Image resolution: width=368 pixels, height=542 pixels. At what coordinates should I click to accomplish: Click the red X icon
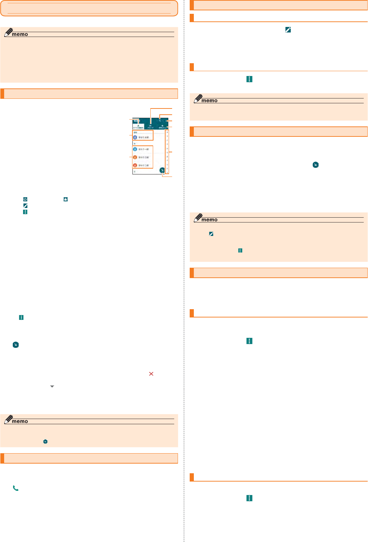(151, 374)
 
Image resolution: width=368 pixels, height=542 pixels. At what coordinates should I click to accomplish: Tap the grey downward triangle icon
(52, 386)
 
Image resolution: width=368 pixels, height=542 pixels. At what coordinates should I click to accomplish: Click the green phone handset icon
(16, 488)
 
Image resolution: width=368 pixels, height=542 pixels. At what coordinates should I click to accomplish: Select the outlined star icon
(25, 199)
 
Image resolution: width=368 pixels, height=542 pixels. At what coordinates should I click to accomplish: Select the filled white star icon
(66, 199)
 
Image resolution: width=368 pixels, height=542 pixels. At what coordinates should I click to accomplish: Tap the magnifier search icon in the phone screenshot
(160, 121)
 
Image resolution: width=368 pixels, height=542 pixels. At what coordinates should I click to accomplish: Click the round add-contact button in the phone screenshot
(162, 170)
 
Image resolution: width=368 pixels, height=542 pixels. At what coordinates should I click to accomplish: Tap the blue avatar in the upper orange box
(135, 137)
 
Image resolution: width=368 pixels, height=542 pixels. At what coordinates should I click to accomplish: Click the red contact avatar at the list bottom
(135, 165)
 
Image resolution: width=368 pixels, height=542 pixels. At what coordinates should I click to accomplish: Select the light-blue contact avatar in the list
(135, 149)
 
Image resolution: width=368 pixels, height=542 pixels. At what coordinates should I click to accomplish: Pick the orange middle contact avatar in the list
(135, 157)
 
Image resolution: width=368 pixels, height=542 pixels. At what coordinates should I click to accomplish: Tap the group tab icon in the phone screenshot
(150, 126)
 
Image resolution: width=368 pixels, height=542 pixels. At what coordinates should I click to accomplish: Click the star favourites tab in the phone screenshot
(162, 126)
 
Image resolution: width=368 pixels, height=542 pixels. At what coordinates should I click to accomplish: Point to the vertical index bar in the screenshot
(167, 152)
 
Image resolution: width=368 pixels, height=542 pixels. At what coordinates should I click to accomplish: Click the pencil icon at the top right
(288, 30)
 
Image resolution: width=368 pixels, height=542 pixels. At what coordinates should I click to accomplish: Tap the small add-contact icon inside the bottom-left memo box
(45, 441)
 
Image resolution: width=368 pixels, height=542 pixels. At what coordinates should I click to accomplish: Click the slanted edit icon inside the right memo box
(211, 234)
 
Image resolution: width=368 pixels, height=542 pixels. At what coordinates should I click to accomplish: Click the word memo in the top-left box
(20, 34)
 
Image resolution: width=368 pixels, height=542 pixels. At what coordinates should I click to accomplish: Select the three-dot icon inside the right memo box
(240, 250)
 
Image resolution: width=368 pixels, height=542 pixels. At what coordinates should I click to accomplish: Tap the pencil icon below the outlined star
(25, 206)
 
